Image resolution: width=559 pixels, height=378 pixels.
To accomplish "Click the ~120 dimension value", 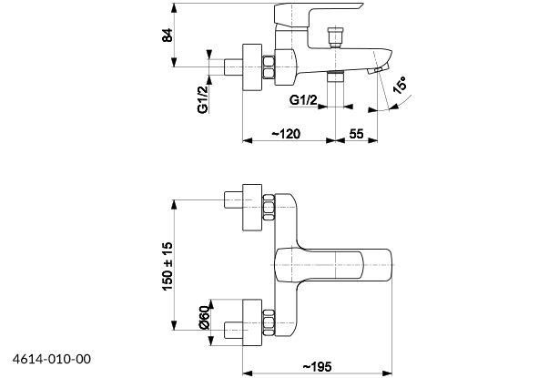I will click(285, 134).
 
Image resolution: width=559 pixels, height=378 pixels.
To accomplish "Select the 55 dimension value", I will click(356, 134).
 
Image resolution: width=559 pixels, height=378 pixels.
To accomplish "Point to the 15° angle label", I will click(398, 88).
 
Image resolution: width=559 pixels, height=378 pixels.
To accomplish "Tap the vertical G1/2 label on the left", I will click(203, 95).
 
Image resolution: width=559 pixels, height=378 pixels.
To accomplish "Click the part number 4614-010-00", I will click(53, 360).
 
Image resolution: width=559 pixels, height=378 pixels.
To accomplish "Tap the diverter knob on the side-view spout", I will click(335, 39).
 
